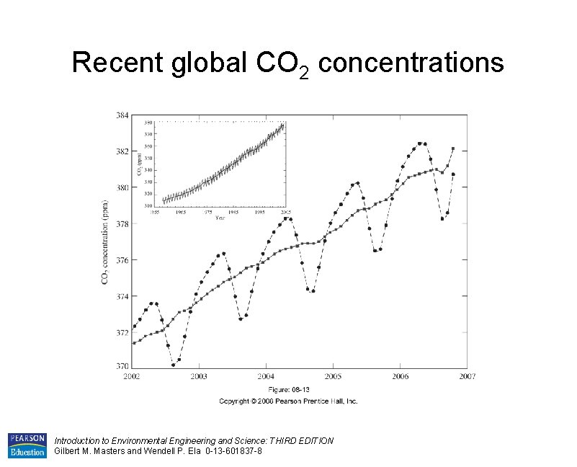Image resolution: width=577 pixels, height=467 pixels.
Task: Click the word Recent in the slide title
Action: tap(118, 63)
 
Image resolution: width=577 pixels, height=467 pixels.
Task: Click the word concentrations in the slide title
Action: tap(411, 63)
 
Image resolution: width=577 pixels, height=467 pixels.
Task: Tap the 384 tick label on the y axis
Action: tap(123, 115)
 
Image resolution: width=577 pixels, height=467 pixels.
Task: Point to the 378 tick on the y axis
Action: tap(123, 223)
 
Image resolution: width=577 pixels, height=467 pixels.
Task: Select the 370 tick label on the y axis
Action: tap(123, 366)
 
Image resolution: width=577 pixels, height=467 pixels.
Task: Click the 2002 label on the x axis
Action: tap(131, 376)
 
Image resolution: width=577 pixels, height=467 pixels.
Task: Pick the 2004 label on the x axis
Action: tap(266, 376)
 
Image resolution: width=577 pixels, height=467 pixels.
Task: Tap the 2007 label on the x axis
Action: tap(468, 376)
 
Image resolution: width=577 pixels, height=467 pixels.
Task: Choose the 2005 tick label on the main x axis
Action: tap(333, 376)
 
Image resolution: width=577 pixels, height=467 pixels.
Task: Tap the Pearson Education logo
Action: tap(27, 445)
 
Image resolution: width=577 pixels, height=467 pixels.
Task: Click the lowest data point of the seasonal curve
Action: tap(174, 365)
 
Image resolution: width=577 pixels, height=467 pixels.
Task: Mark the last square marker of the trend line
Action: tap(453, 149)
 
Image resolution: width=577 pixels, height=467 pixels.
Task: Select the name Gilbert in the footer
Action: tap(69, 451)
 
